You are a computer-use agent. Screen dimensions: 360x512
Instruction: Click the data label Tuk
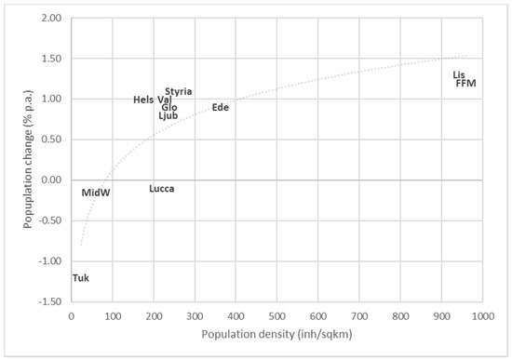80,278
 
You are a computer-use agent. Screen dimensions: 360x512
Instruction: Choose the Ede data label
220,108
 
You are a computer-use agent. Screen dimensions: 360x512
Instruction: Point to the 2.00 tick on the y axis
52,19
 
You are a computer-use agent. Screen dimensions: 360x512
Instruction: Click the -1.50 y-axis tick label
50,301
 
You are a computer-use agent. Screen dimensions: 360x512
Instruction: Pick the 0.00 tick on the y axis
52,180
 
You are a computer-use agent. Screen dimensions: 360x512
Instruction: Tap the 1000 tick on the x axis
481,316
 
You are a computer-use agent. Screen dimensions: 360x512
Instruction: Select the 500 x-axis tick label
276,316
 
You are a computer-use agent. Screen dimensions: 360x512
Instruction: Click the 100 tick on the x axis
112,316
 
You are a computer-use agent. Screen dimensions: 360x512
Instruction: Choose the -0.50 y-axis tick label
50,220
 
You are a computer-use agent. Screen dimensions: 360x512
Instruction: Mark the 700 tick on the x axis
358,316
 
